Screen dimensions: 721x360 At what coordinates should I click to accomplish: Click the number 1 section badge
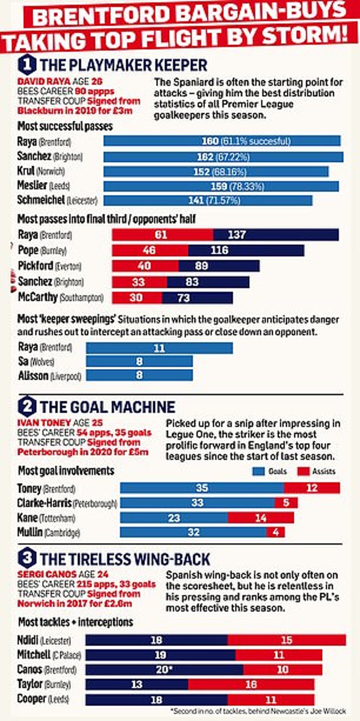[26, 65]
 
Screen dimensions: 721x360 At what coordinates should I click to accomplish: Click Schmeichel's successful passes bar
[207, 200]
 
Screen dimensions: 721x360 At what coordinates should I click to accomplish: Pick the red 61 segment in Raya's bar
[162, 234]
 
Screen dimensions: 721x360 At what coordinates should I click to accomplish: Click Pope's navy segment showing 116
[246, 250]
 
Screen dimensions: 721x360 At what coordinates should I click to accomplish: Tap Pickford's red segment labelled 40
[145, 266]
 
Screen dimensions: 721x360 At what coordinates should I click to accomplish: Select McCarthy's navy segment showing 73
[197, 297]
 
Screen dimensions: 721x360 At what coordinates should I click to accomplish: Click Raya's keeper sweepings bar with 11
[159, 347]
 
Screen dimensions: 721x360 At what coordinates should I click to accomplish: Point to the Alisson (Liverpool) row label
[49, 375]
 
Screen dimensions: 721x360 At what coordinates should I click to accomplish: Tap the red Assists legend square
[303, 471]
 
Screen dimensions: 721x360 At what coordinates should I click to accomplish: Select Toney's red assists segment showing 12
[312, 488]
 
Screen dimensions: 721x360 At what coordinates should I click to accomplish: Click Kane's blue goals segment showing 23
[174, 518]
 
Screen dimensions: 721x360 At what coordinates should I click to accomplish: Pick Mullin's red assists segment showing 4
[275, 532]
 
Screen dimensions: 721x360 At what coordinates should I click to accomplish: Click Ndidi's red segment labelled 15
[286, 640]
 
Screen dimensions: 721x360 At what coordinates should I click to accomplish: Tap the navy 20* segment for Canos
[164, 670]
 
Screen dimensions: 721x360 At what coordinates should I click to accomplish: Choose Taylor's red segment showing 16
[251, 685]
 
